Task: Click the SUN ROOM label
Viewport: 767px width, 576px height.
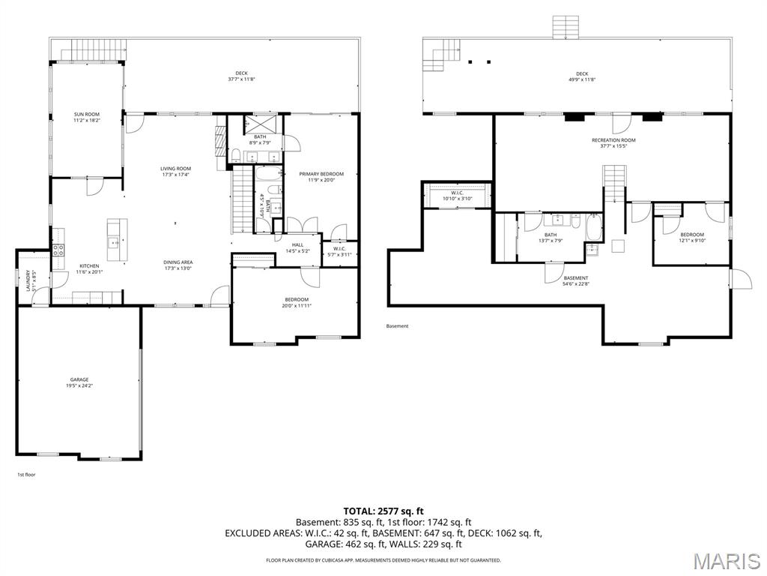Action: (x=86, y=114)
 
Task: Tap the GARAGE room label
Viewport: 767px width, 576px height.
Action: (x=79, y=379)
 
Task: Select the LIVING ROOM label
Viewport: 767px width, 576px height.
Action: (x=175, y=169)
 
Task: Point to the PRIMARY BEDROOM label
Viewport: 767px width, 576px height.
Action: (x=321, y=174)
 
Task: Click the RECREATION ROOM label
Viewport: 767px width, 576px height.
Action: (x=613, y=140)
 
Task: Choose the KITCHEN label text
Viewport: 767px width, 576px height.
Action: (x=89, y=266)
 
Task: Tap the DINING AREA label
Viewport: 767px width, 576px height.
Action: (x=178, y=262)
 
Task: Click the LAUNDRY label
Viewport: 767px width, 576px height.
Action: (x=28, y=280)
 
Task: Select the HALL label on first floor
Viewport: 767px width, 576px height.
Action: (x=297, y=244)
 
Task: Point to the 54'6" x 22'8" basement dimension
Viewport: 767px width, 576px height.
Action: (x=576, y=284)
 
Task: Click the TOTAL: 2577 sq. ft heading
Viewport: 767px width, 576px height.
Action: (x=383, y=511)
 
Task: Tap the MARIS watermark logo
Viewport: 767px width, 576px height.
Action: (x=725, y=559)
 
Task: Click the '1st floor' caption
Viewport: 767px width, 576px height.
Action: (x=26, y=475)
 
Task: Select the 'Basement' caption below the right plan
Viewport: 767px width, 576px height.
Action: (x=397, y=326)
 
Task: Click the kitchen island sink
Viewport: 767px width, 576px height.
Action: (x=114, y=241)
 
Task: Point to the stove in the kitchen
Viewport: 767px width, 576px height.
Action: (x=57, y=251)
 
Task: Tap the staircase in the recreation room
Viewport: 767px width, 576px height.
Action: (x=613, y=184)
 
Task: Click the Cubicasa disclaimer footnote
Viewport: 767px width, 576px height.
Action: (x=383, y=560)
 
